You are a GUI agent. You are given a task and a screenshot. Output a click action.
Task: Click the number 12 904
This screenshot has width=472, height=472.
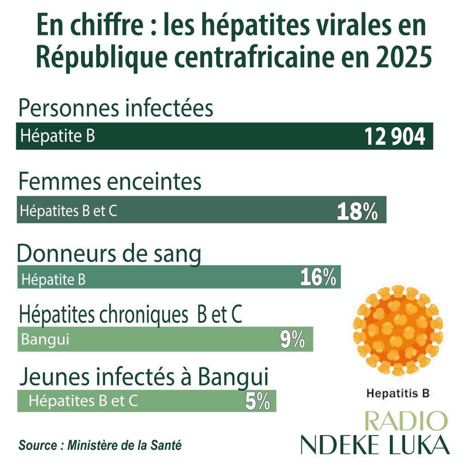pos(395,136)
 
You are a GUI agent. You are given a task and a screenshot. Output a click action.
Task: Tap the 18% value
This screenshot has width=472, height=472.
pos(358,212)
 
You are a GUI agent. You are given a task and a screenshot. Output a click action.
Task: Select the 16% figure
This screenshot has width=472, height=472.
pos(318,278)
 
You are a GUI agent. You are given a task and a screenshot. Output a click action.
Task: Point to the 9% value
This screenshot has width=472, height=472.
pos(292,340)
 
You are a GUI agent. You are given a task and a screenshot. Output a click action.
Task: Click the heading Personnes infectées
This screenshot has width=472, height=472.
pos(116,109)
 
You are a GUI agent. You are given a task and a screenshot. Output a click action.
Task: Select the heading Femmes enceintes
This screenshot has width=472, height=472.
pos(110,182)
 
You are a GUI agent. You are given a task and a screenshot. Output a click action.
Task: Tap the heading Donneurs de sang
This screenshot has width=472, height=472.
pos(109,254)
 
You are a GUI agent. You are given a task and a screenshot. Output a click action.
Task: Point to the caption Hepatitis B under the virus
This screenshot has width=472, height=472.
pos(398,394)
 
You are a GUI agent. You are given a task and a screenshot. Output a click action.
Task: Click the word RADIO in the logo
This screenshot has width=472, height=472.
pos(405,422)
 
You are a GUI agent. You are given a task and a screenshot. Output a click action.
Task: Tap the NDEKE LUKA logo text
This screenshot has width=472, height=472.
pos(375,444)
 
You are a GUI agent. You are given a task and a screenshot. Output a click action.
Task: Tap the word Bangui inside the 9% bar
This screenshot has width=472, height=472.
pos(45,340)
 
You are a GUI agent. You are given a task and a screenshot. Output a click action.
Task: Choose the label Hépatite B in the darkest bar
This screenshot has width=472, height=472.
pos(58,136)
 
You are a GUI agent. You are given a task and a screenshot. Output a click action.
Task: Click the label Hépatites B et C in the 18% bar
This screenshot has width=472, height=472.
pos(68,212)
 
